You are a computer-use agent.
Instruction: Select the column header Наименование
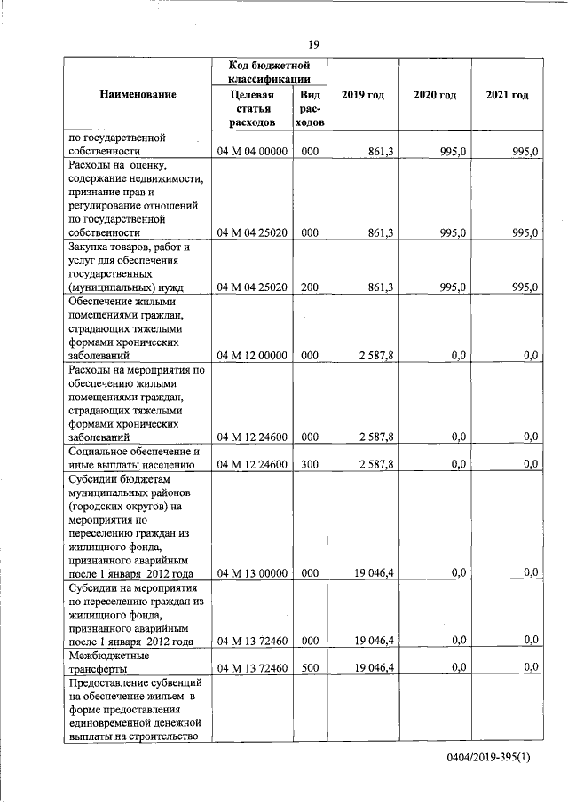(138, 94)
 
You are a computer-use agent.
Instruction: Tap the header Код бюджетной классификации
(268, 73)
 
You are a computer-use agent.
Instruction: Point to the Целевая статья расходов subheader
(252, 107)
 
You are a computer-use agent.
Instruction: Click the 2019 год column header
(362, 94)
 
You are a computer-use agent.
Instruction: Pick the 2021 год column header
(507, 94)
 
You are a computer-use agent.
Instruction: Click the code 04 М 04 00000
(253, 152)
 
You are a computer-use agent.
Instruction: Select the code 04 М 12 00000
(253, 355)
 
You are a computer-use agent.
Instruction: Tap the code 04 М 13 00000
(253, 572)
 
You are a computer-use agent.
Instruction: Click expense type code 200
(310, 287)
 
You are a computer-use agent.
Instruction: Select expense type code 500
(310, 667)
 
